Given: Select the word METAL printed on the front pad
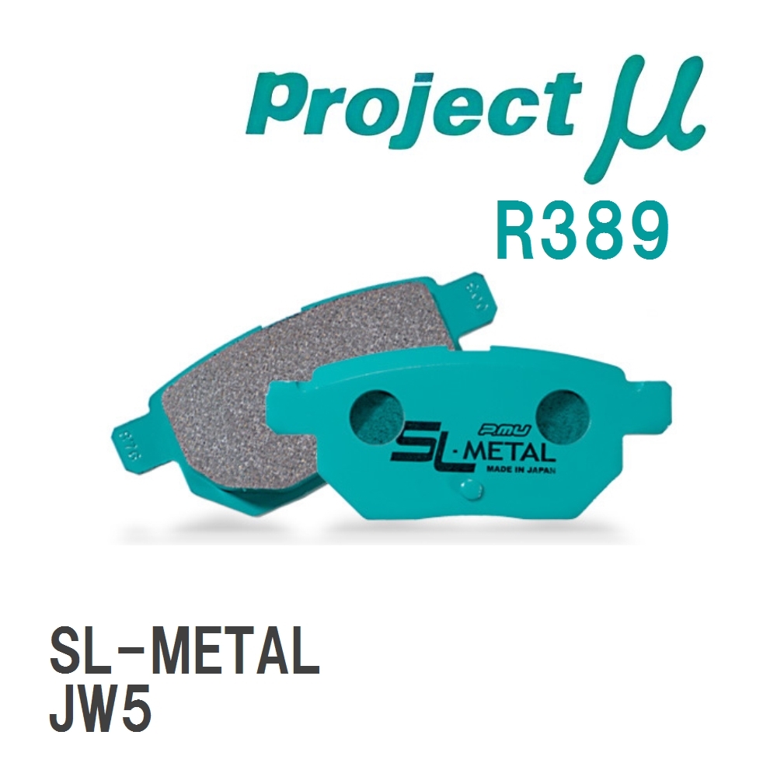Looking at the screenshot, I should pos(492,451).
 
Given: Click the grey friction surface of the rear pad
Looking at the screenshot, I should pos(311,350).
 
